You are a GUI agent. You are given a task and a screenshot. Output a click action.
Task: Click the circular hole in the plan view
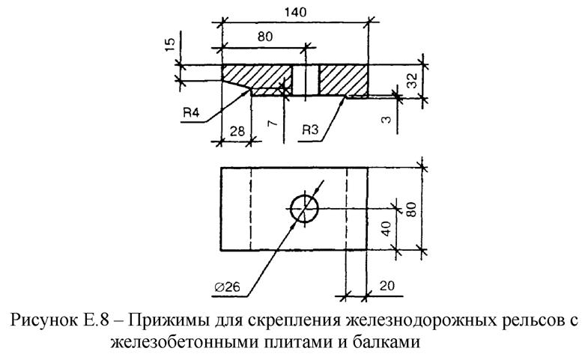click(x=303, y=208)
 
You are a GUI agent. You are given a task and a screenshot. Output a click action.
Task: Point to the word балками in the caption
click(x=381, y=344)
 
